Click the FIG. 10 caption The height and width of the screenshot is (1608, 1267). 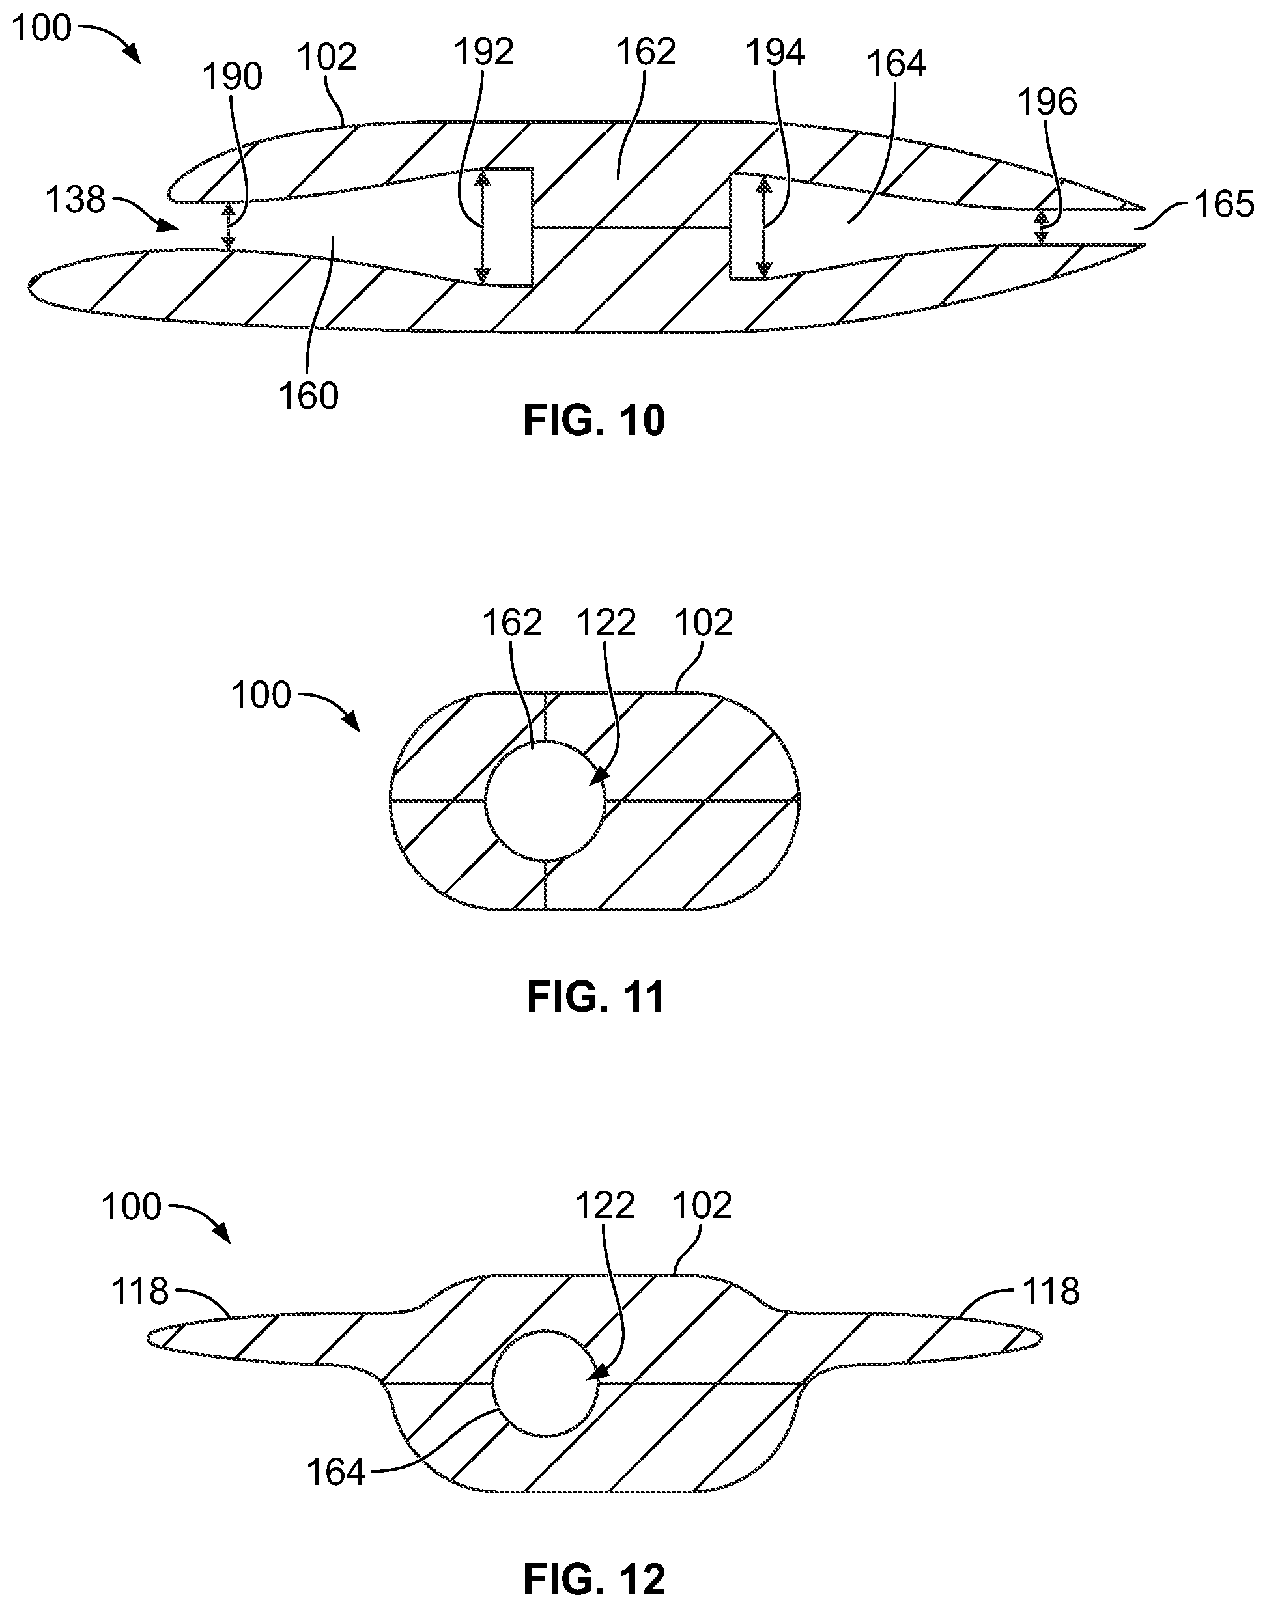[x=594, y=421]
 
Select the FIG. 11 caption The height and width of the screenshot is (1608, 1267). [x=595, y=997]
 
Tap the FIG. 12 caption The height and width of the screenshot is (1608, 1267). [x=594, y=1573]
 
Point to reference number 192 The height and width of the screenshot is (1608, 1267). [x=483, y=53]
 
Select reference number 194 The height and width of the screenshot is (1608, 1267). [x=775, y=53]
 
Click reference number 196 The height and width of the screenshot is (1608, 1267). [x=1047, y=102]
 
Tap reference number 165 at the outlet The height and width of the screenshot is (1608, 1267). [x=1224, y=204]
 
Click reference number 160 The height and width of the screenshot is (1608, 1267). [x=309, y=396]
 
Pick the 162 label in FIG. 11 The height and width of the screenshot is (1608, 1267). [x=512, y=623]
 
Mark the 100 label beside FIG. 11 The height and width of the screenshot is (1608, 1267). [x=261, y=695]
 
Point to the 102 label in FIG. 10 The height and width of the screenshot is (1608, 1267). [x=326, y=57]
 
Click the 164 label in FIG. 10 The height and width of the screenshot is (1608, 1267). [x=896, y=64]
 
